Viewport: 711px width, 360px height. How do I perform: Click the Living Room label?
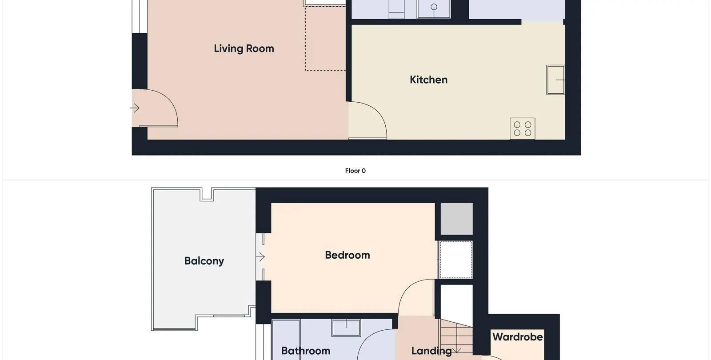coord(244,48)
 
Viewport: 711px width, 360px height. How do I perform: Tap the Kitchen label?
coord(428,80)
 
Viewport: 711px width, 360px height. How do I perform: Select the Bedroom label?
coord(347,255)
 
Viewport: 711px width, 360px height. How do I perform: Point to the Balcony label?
coord(204,261)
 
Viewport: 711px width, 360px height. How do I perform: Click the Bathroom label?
coord(306,351)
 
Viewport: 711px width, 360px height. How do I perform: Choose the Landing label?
coord(431,351)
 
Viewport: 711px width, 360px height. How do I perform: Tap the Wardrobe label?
coord(517,337)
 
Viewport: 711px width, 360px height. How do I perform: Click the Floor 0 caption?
coord(355,171)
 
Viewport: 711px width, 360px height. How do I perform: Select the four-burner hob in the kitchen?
coord(523,128)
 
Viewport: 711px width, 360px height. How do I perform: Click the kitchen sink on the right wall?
coord(555,80)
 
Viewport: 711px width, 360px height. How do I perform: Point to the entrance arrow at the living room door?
coord(135,108)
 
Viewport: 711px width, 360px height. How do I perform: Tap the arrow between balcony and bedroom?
coord(260,257)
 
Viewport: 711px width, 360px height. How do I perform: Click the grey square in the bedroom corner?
coord(456,219)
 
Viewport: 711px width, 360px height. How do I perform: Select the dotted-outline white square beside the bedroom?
coord(455,260)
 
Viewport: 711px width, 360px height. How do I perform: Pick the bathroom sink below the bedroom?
coord(346,328)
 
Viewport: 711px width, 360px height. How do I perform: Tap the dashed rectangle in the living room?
coord(325,39)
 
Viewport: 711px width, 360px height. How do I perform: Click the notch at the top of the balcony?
coord(207,194)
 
